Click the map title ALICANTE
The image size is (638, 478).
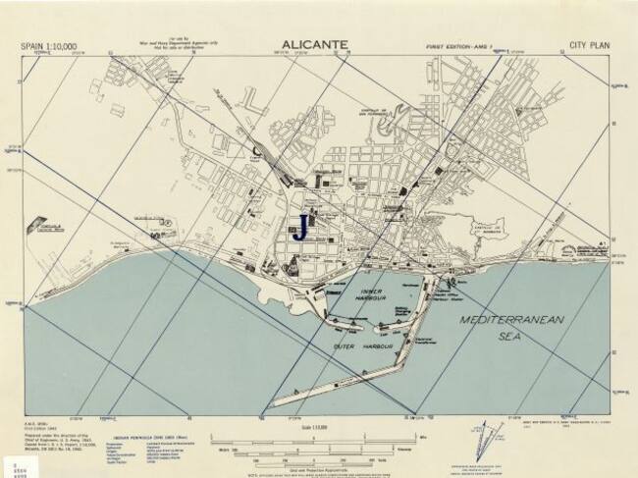318,44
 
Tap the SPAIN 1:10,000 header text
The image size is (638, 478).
49,45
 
